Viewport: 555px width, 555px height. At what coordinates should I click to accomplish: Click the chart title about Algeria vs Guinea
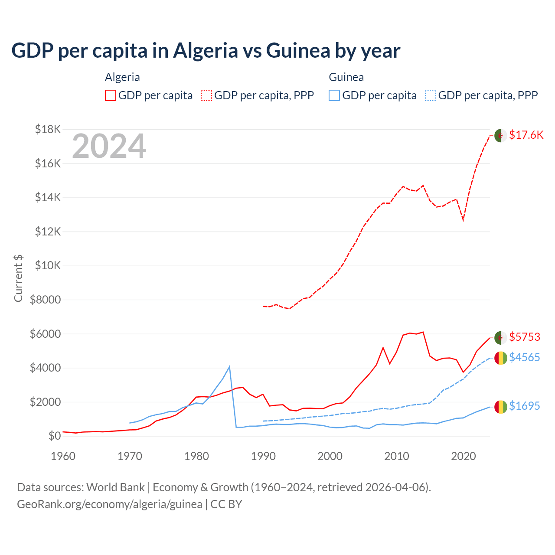206,51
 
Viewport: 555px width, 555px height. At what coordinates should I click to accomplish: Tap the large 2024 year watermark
109,147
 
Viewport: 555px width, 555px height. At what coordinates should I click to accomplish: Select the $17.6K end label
526,135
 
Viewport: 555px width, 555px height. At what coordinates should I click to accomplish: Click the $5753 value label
525,337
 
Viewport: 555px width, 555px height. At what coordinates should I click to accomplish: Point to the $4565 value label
525,357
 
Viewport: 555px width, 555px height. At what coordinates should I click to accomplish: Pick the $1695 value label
525,406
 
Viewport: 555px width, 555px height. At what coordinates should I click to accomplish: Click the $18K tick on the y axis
48,129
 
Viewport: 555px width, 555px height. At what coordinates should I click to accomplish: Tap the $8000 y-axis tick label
45,300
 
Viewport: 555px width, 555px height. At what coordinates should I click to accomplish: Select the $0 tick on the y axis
54,436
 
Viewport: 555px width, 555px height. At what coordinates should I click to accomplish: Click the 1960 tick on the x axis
63,456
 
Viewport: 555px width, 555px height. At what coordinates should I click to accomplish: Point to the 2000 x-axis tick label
330,456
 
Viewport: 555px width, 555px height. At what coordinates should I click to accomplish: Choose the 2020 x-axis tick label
464,456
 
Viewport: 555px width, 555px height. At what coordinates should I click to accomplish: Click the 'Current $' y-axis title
18,278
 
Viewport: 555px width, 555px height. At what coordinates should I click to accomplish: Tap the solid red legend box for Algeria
111,95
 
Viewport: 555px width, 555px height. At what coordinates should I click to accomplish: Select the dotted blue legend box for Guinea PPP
430,95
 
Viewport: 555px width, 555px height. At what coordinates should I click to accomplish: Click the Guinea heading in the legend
346,77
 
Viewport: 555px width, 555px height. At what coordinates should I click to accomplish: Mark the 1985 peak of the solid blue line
229,367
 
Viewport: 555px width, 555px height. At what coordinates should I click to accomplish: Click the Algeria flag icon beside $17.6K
500,135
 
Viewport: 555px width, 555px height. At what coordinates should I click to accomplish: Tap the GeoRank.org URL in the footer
110,504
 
